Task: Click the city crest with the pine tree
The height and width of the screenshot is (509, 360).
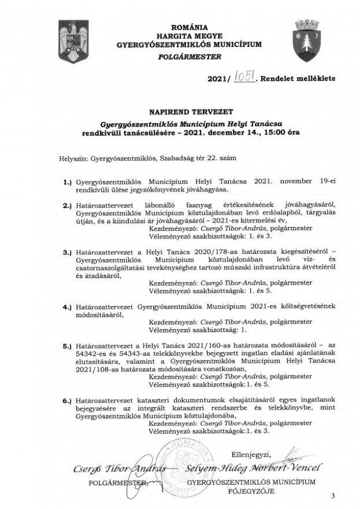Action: pos(304,39)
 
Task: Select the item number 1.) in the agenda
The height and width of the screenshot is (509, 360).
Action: pos(66,182)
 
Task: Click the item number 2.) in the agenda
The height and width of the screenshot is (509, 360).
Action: pos(66,205)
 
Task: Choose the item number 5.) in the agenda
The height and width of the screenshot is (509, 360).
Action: pos(66,344)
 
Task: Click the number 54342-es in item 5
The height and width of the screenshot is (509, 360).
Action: pos(94,352)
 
